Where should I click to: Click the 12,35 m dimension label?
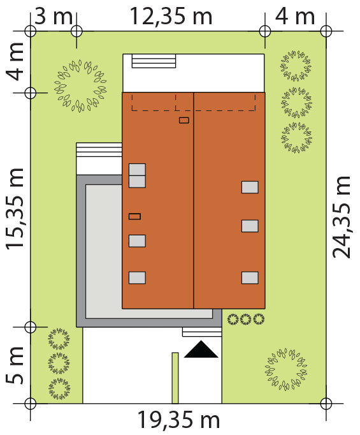(x=171, y=16)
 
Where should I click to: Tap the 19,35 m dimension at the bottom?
(x=178, y=420)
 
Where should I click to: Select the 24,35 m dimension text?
(x=341, y=217)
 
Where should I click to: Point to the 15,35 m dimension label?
(x=15, y=209)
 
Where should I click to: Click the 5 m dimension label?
(x=15, y=365)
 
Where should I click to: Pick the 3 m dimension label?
(x=54, y=16)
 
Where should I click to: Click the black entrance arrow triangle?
(x=201, y=349)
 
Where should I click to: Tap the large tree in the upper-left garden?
(x=80, y=85)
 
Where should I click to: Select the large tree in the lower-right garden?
(x=286, y=369)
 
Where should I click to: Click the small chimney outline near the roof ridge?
(x=184, y=120)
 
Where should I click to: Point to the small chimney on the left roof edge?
(x=134, y=216)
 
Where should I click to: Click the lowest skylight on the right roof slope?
(x=250, y=277)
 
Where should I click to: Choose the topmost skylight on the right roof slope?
(x=250, y=188)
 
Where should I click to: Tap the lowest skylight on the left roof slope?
(x=137, y=277)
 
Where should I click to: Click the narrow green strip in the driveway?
(x=175, y=378)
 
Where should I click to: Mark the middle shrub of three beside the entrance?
(x=246, y=320)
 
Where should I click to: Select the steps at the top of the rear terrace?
(x=154, y=61)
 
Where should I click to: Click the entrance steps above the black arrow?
(x=202, y=332)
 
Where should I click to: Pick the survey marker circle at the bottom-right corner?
(x=326, y=403)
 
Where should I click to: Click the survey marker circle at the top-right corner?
(x=326, y=31)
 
